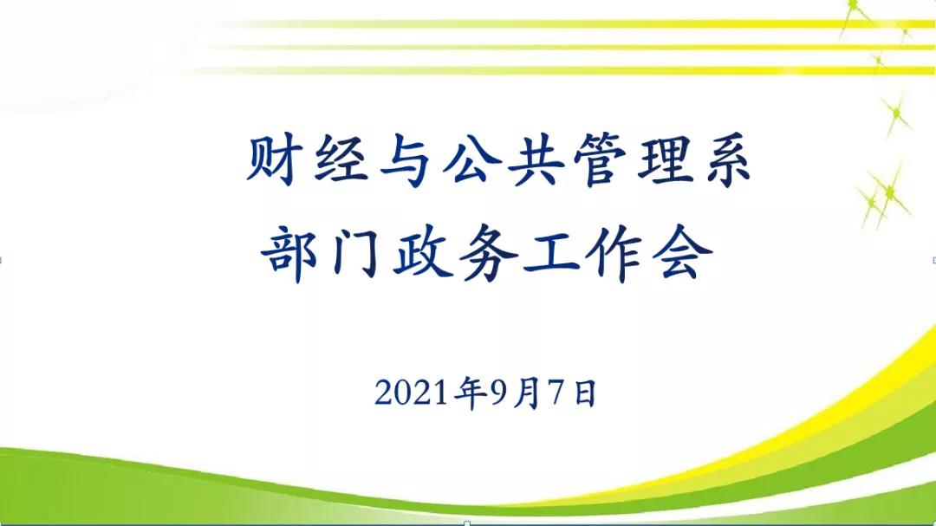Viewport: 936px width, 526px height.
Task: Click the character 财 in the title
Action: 271,159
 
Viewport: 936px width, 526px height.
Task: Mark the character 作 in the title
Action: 614,254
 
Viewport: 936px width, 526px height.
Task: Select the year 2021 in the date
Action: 412,393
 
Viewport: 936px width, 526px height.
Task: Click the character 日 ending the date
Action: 585,393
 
